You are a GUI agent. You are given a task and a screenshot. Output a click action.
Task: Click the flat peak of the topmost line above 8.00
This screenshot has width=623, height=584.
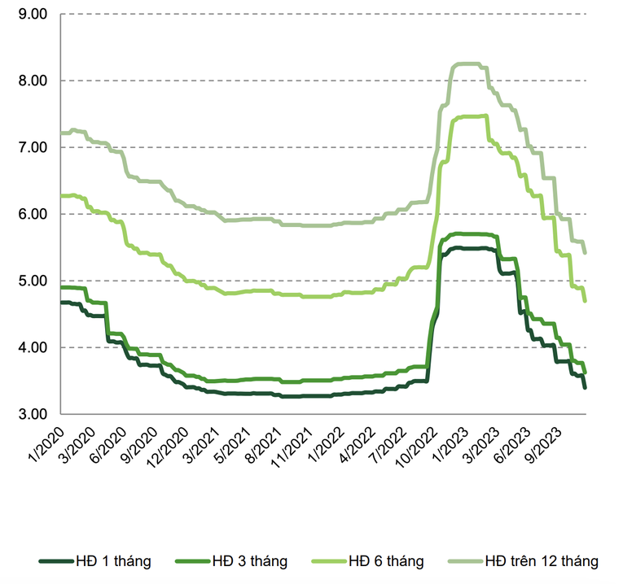point(467,63)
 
